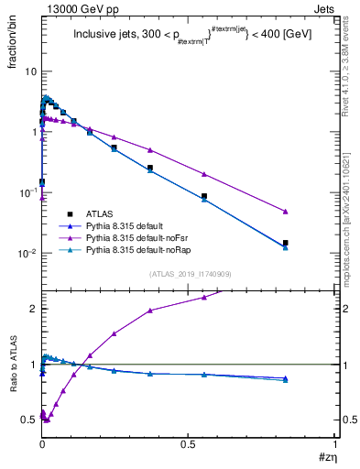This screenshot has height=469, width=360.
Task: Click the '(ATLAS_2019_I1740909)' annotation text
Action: pyautogui.click(x=189, y=274)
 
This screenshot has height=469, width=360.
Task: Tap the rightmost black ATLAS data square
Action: pyautogui.click(x=286, y=243)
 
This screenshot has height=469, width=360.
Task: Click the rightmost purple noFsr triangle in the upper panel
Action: pyautogui.click(x=286, y=212)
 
